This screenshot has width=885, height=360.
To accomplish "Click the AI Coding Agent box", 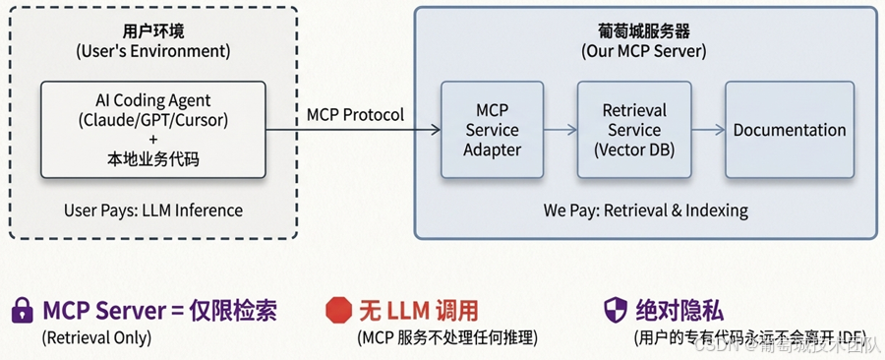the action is (x=153, y=130).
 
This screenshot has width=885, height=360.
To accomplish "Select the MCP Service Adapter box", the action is (x=493, y=130).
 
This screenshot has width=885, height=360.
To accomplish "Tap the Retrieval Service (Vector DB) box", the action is (x=634, y=130).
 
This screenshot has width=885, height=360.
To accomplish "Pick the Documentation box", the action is (x=790, y=130).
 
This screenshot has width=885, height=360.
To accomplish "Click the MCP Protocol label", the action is (x=356, y=115).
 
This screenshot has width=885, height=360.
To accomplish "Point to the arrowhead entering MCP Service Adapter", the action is (x=436, y=130).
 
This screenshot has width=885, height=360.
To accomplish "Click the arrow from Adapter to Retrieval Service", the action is (x=560, y=130).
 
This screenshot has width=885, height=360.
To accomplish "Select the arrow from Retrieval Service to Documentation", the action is (x=708, y=130).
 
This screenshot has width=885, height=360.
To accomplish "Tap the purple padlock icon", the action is (x=22, y=310).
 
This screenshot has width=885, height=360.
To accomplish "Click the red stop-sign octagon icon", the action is (x=338, y=310).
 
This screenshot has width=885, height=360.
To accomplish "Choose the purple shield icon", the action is (x=616, y=310).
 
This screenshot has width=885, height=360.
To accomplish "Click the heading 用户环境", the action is (x=153, y=30).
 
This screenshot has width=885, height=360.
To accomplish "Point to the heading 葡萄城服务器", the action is (x=644, y=30).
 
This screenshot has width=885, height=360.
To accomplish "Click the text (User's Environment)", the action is (x=153, y=51).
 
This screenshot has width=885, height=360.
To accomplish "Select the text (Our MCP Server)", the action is (x=644, y=51).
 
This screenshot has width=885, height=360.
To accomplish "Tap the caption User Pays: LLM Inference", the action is (x=153, y=210).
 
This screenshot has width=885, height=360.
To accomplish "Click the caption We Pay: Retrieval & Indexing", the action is (x=646, y=210).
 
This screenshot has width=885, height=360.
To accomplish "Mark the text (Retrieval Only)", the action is (x=96, y=337).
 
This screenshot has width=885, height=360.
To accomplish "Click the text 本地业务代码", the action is (x=153, y=159).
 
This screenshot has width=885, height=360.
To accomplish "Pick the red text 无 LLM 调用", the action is (x=419, y=310).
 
